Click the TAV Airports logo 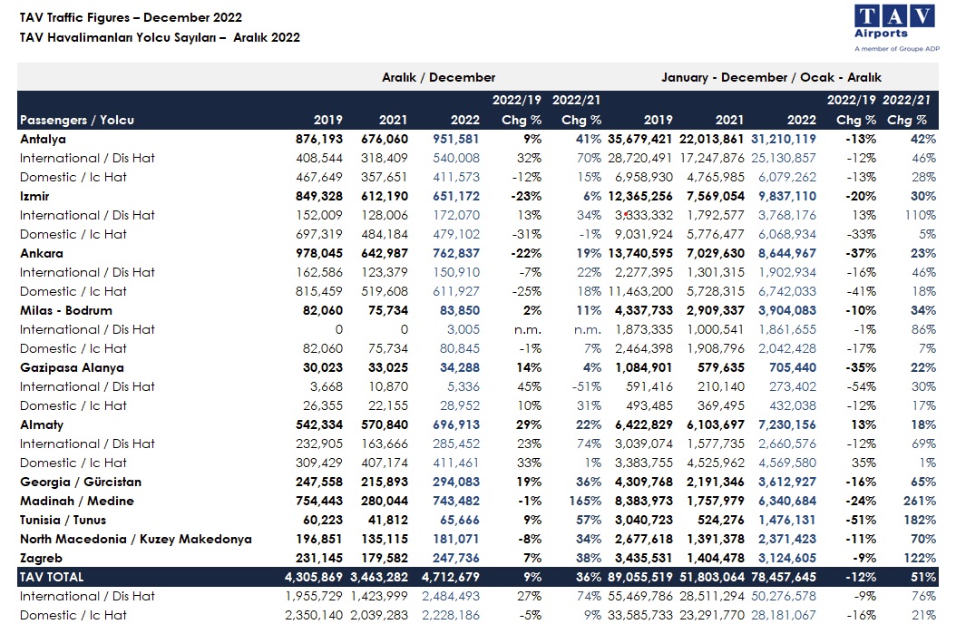point(896,28)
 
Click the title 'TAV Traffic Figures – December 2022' point(131,17)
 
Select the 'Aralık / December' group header point(438,77)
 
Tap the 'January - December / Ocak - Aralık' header point(771,77)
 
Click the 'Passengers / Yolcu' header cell point(77,120)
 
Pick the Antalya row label point(43,139)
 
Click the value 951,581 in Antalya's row point(456,139)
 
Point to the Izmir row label point(34,196)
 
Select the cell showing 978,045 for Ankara point(319,253)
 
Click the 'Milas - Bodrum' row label point(66,310)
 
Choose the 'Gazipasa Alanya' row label point(72,367)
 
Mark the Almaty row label point(42,424)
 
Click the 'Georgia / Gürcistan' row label point(81,482)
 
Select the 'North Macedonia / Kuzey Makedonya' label point(135,539)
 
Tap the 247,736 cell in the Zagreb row point(456,558)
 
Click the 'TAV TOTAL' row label point(51,577)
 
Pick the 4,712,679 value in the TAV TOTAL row point(451,577)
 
